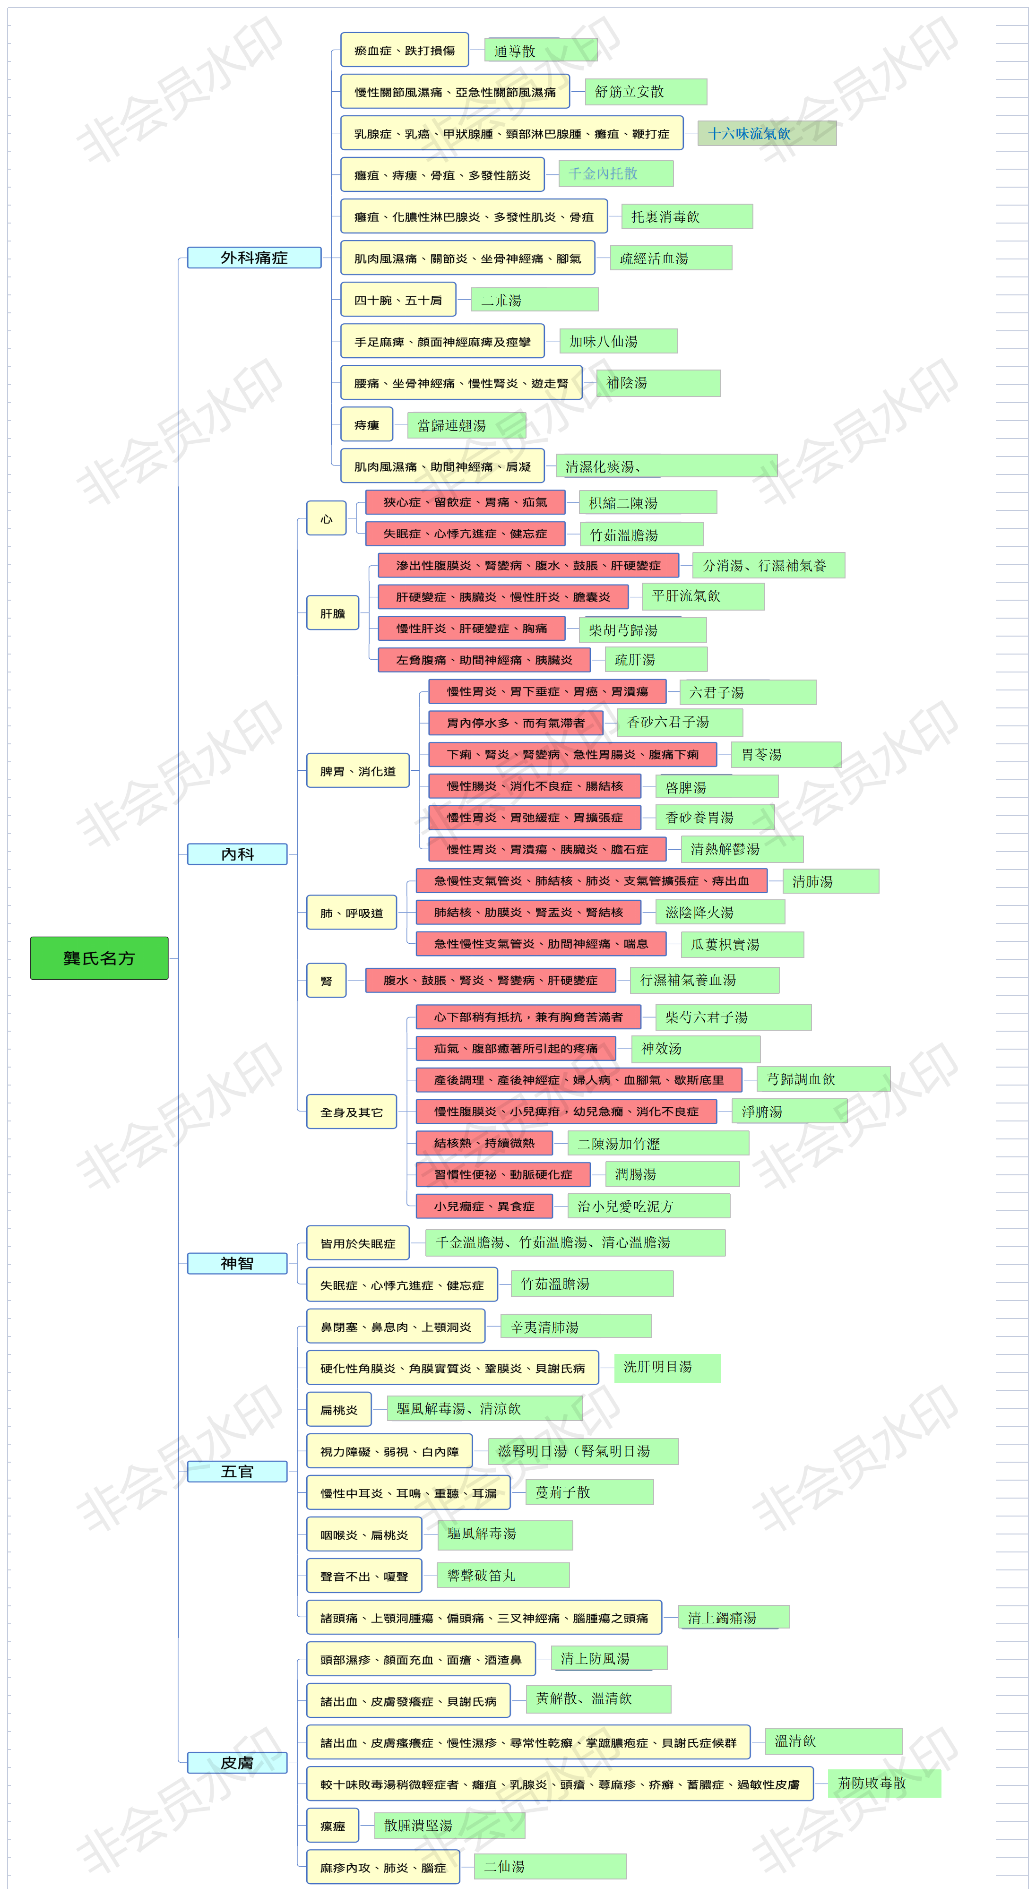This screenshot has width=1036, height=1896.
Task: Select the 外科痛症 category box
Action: [254, 258]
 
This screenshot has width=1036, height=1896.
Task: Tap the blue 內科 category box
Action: [237, 854]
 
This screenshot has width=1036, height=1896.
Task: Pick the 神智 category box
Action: [237, 1263]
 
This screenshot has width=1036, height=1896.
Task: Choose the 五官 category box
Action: [237, 1471]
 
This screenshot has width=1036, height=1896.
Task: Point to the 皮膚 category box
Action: [237, 1763]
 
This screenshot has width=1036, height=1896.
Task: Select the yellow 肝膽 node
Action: [333, 612]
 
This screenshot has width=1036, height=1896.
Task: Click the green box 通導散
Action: [541, 50]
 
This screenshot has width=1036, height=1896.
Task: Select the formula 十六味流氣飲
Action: [767, 133]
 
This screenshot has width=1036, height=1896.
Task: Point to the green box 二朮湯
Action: [535, 300]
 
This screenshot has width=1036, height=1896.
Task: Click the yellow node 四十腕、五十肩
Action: [398, 300]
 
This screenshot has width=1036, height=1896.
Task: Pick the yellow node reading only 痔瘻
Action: [367, 425]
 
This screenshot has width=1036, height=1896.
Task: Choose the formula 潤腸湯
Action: [672, 1174]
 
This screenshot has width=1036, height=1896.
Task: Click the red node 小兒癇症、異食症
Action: [484, 1206]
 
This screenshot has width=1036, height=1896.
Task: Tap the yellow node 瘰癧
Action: [333, 1825]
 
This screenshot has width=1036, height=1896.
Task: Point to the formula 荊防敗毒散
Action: [884, 1783]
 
